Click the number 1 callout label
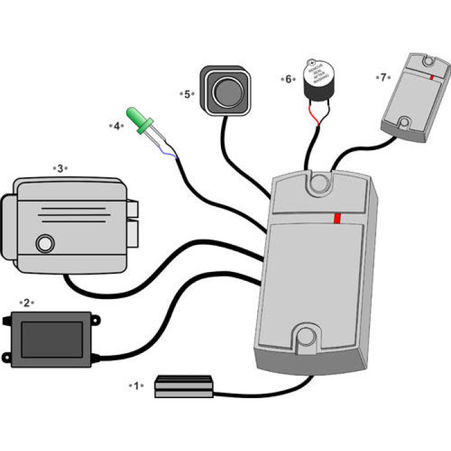tap(135, 385)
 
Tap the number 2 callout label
tap(26, 302)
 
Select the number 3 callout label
tap(60, 168)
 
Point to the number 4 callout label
tap(117, 126)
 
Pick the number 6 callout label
tap(288, 79)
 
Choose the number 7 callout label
tap(383, 77)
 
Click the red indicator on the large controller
tap(337, 218)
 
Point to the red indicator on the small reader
tap(430, 77)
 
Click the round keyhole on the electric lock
tap(44, 244)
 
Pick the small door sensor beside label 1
tap(184, 386)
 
